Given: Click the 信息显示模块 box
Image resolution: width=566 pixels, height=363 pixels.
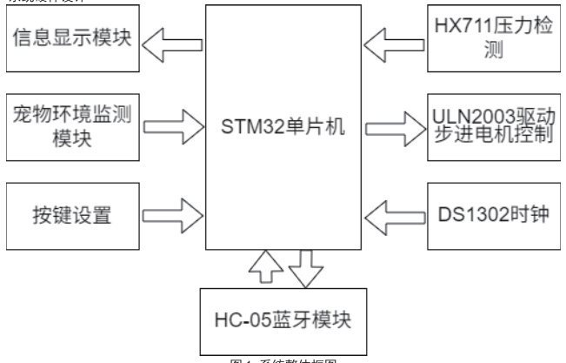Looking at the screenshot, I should [x=71, y=40].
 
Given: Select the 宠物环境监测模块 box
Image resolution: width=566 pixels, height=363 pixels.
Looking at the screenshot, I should [x=71, y=124].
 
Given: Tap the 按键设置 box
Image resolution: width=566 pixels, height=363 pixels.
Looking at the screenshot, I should [x=71, y=209].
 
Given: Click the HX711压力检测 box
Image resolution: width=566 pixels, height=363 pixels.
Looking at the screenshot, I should [x=495, y=40].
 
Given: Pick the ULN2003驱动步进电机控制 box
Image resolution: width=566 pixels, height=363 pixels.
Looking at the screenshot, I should [x=495, y=124].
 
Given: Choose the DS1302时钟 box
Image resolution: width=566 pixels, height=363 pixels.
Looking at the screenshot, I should [x=495, y=209].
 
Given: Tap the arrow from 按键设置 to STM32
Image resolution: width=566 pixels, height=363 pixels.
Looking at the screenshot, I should [x=172, y=209].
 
